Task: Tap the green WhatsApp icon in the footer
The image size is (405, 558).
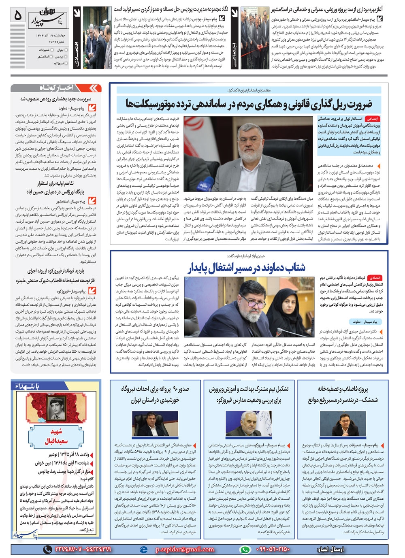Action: pos(245,549)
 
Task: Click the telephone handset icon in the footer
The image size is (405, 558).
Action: pos(47,549)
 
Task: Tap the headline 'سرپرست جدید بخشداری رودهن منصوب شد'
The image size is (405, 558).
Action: pos(56,99)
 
